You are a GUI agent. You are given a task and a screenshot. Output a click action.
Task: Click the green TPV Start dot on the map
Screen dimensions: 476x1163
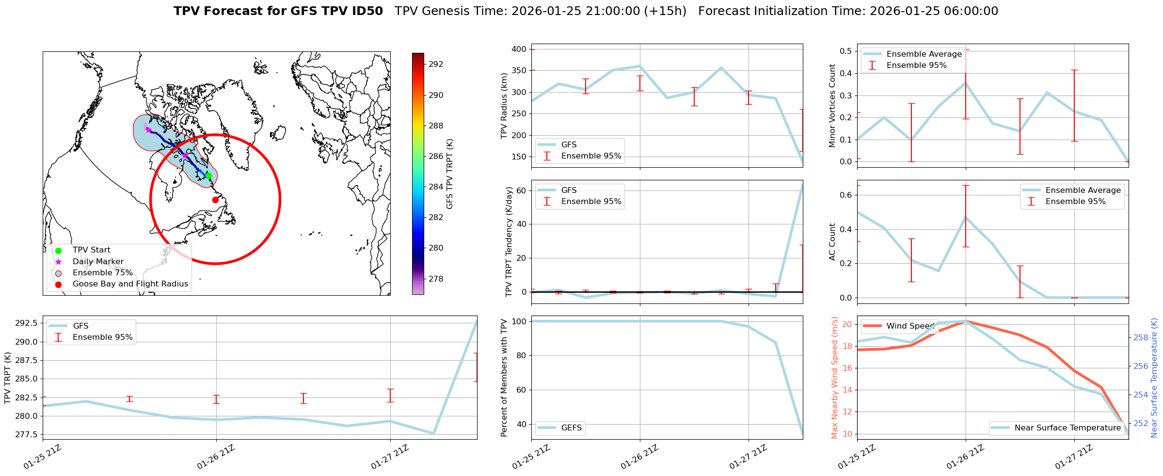click(208, 175)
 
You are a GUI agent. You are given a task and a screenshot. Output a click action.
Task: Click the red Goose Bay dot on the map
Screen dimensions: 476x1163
click(215, 200)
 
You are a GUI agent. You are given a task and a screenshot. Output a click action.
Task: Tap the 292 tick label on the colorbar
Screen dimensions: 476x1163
click(436, 64)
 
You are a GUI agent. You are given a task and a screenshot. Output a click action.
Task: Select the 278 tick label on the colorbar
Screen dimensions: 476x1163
click(436, 279)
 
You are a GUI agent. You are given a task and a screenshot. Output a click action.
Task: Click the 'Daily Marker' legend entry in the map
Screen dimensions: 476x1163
click(98, 261)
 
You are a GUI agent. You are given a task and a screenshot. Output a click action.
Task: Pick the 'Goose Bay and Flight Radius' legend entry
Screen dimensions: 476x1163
click(130, 284)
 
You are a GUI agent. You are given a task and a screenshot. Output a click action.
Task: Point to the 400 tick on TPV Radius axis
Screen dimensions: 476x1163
click(519, 49)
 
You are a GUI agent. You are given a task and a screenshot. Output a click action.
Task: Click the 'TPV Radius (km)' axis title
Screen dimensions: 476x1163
click(504, 106)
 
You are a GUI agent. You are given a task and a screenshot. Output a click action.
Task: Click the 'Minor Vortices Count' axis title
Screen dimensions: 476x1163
click(832, 106)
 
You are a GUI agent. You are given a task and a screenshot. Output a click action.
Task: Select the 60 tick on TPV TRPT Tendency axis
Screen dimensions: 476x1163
click(522, 190)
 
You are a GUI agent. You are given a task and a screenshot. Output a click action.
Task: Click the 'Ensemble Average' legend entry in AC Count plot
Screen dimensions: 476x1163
click(1083, 190)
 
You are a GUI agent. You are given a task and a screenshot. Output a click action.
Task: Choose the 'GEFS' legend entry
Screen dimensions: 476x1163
click(571, 428)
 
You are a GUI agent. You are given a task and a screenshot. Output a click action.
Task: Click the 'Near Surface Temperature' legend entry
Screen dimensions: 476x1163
click(1067, 428)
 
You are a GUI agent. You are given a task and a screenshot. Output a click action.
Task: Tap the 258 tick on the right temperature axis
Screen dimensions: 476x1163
click(1141, 337)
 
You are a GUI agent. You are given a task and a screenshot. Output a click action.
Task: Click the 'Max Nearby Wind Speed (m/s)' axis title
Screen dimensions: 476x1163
click(834, 377)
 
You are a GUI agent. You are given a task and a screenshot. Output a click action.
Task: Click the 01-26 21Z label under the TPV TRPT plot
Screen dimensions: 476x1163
click(216, 457)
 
